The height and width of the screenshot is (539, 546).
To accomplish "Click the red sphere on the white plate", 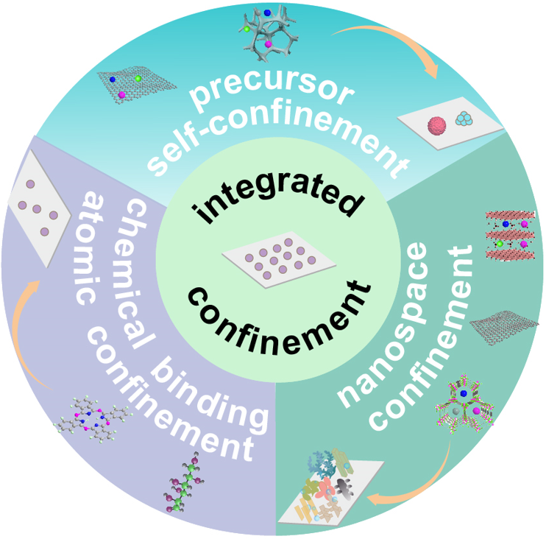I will pos(439,124).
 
